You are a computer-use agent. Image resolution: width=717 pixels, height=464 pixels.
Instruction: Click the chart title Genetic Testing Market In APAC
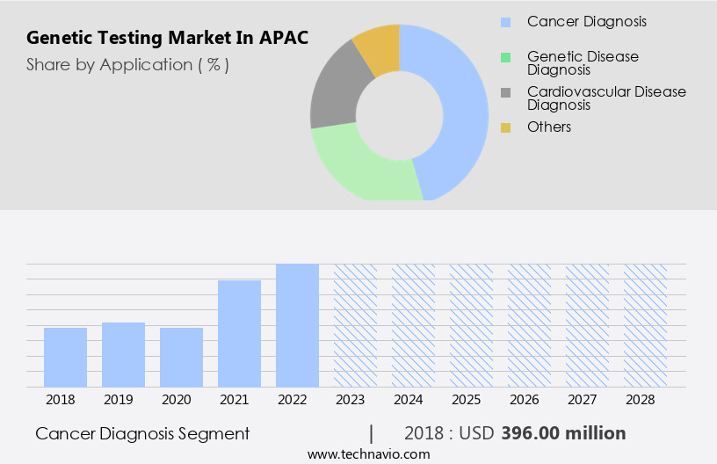[x=167, y=39]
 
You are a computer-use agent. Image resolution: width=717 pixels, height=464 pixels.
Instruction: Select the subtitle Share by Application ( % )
[x=127, y=65]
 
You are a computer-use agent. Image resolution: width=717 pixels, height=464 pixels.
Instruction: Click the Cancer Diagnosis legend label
[x=586, y=21]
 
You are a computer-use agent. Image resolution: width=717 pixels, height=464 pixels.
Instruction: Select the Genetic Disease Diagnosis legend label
[x=583, y=62]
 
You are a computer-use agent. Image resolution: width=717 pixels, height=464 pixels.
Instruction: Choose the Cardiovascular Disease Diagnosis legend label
[x=606, y=98]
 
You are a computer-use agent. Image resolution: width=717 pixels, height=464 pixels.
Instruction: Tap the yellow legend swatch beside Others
[x=505, y=127]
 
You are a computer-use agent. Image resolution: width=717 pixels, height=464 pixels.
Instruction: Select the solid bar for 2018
[x=65, y=357]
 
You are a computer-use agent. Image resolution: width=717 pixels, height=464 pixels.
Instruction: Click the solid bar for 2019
[x=123, y=354]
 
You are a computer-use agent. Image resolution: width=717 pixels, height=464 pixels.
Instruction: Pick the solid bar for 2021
[x=239, y=333]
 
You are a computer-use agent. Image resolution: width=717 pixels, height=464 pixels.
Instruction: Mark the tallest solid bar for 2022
[x=297, y=325]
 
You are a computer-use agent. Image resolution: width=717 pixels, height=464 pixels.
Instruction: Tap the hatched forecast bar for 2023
[x=355, y=325]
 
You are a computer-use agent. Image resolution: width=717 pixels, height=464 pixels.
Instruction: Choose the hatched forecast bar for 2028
[x=645, y=325]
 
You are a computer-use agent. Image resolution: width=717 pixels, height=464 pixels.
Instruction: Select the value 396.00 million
[x=563, y=433]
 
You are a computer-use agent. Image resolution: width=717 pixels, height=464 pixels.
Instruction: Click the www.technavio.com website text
[x=368, y=454]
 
